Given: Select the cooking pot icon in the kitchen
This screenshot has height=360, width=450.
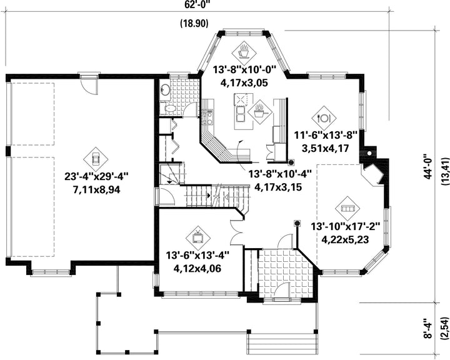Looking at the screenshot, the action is pos(259,112).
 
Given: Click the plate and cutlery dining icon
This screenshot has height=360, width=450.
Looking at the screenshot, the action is pos(324,117).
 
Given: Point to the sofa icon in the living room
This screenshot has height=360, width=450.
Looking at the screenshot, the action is pos(347,209).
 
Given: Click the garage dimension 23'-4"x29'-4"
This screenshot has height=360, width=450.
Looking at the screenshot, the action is pos(96,176).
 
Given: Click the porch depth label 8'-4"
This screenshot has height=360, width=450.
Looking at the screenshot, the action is pos(429,328).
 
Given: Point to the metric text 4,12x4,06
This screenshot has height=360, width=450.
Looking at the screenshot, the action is pos(197,269).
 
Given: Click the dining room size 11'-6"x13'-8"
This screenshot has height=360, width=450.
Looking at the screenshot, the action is pos(326,135).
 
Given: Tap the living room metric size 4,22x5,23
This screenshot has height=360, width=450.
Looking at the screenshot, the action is pos(345,239).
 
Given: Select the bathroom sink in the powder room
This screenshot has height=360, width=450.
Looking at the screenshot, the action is pos(165,90).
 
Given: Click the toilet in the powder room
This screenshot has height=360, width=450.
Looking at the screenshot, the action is pos(169,109).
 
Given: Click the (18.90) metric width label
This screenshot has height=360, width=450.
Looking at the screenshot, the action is pos(194,24).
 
